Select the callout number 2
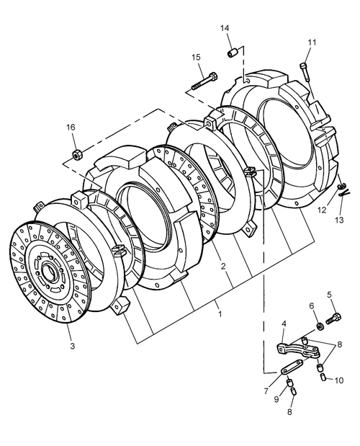(223, 267)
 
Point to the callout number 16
(71, 127)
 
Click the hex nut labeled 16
(77, 153)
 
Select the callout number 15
(196, 57)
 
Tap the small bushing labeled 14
(233, 53)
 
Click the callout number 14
(225, 28)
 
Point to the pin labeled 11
(307, 71)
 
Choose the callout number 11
(312, 43)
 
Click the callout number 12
(322, 210)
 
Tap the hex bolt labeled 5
(335, 316)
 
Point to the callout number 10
(339, 380)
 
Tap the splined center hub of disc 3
(51, 273)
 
